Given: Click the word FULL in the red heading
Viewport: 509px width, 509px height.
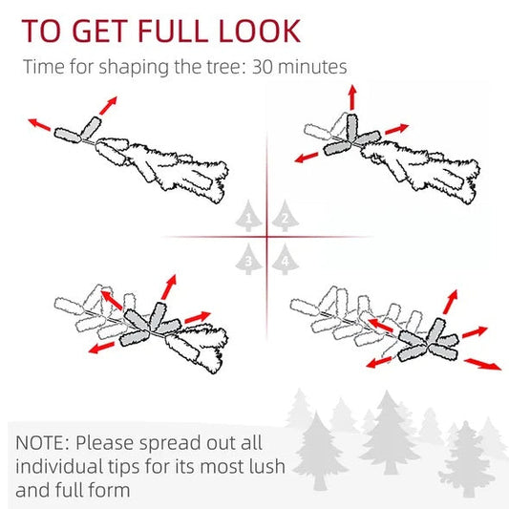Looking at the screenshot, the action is click(x=173, y=31).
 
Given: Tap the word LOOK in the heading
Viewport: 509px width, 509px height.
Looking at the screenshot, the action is click(x=260, y=31).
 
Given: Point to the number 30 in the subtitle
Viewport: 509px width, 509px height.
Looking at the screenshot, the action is click(x=263, y=67).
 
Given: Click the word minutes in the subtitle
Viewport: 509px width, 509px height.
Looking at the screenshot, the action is click(x=312, y=67).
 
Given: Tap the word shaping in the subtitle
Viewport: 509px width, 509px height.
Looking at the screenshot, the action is click(x=134, y=68).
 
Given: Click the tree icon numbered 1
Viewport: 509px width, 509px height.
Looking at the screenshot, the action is click(x=248, y=216).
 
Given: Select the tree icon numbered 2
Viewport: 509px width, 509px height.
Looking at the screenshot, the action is click(x=285, y=216).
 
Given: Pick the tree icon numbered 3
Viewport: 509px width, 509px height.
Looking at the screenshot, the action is click(x=248, y=260).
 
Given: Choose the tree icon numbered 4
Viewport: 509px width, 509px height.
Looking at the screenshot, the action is click(x=285, y=260).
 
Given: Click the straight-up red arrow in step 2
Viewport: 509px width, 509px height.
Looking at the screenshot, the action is click(x=352, y=97).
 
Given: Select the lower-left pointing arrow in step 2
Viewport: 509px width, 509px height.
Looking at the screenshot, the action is click(x=307, y=158).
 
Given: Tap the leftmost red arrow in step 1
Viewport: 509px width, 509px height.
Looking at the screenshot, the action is click(x=39, y=125).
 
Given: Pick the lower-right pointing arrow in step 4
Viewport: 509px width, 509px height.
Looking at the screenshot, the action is click(x=482, y=364).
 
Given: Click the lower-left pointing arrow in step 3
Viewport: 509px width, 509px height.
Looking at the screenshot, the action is click(x=101, y=348).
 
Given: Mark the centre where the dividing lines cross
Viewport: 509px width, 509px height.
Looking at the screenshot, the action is click(x=266, y=237).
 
